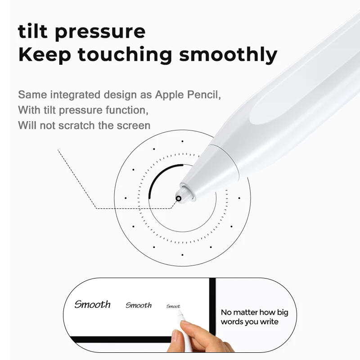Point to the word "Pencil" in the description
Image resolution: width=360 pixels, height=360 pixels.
[205, 95]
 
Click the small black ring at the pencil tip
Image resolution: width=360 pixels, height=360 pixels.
[179, 198]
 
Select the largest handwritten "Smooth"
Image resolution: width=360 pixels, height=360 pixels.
[92, 304]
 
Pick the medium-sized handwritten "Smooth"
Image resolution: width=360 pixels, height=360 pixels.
[138, 305]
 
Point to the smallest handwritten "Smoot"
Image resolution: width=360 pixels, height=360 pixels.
[173, 306]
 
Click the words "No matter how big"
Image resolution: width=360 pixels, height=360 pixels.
[254, 312]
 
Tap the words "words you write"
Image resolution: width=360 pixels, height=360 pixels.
[249, 322]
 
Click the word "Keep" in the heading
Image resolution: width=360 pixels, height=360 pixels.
[42, 55]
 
